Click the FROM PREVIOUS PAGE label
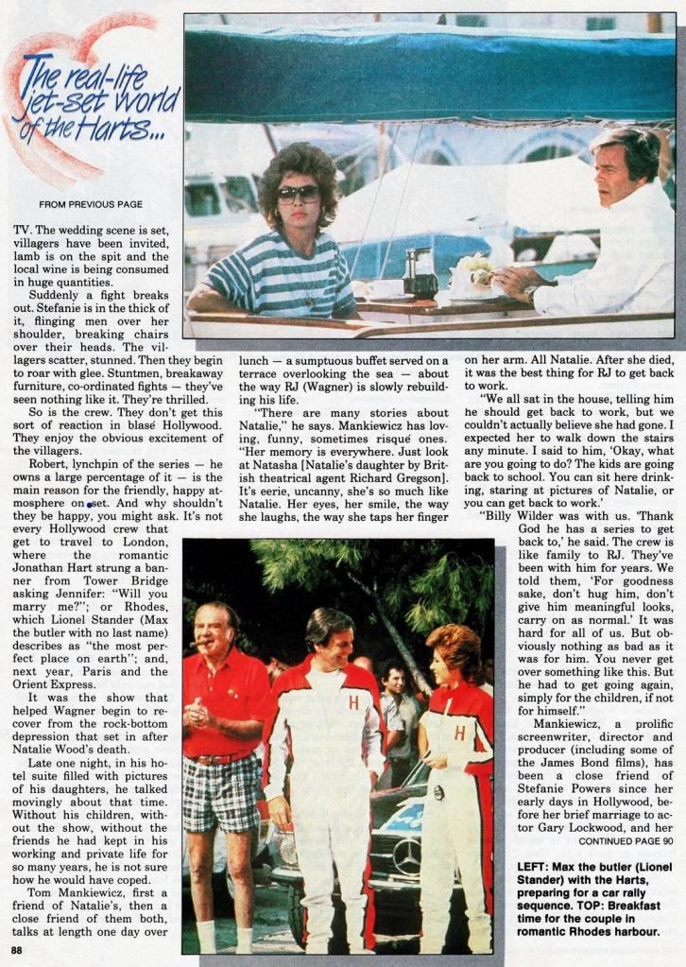click(92, 204)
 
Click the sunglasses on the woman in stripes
click(298, 193)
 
